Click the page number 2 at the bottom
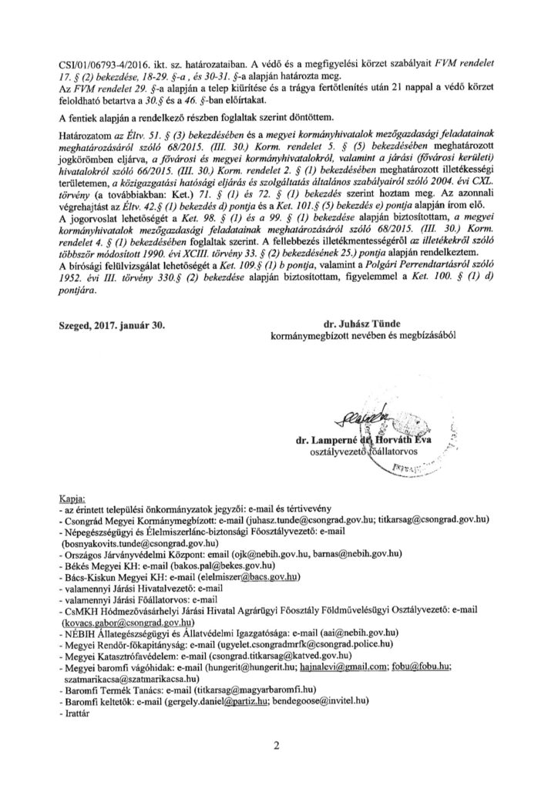point(278,745)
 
